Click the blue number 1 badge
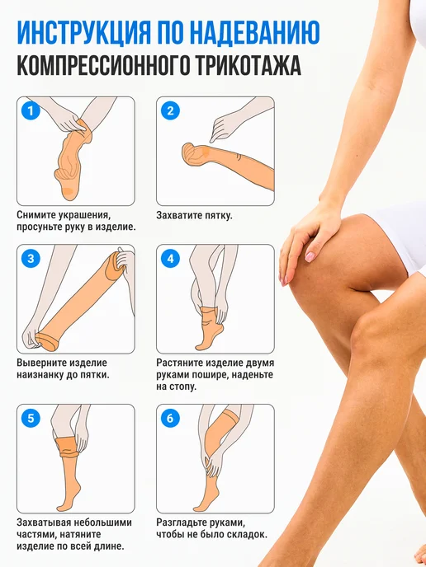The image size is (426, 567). [31, 110]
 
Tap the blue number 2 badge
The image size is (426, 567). [170, 110]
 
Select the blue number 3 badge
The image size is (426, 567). [31, 258]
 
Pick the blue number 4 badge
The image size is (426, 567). [170, 258]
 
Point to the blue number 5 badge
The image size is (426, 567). [31, 418]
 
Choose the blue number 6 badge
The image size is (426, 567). [170, 418]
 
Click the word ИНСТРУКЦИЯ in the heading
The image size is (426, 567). [84, 33]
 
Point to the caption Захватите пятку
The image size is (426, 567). [194, 216]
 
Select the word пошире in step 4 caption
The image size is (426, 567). [211, 375]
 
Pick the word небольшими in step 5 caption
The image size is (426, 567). [103, 522]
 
